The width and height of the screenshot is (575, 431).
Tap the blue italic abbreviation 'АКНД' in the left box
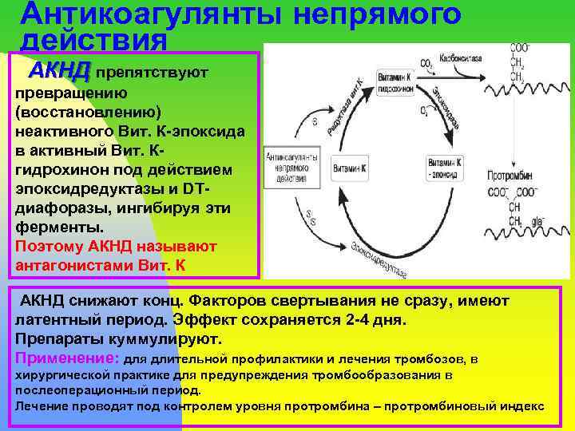[x=59, y=71]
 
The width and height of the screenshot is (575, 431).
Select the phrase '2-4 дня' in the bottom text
[x=376, y=321]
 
